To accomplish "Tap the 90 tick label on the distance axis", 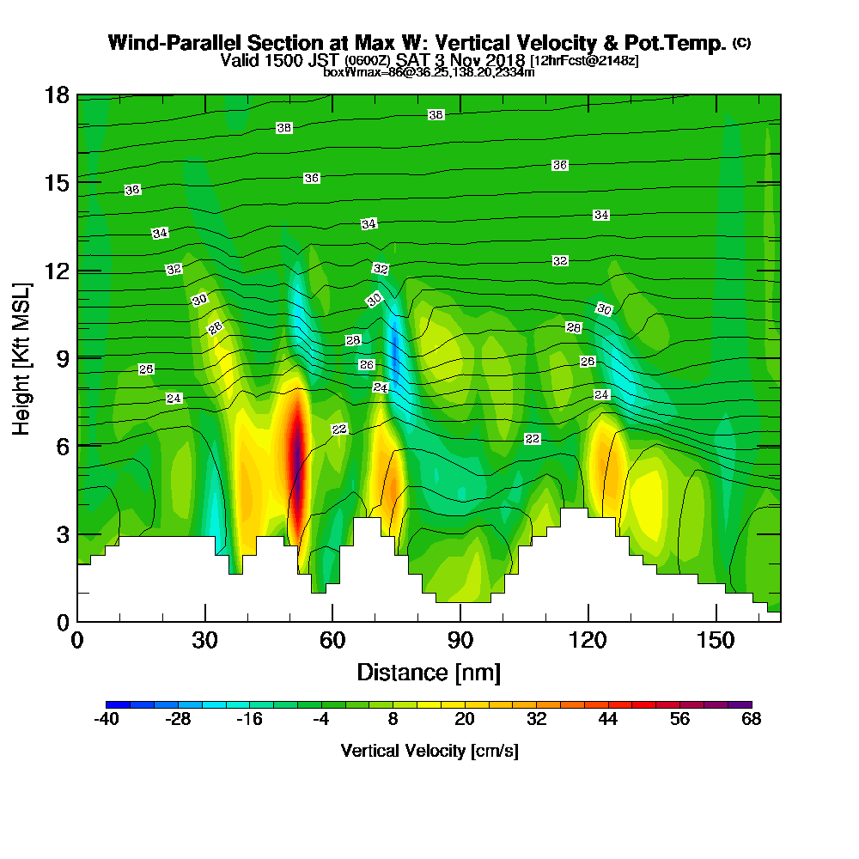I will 460,640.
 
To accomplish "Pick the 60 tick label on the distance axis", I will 332,640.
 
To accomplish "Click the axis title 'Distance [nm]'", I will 429,672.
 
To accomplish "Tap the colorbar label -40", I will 106,720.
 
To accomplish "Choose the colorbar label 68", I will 752,720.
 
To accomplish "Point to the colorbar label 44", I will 608,720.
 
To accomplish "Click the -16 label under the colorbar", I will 249,720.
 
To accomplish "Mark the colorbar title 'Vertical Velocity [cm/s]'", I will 429,751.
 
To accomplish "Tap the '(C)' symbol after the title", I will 741,42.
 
